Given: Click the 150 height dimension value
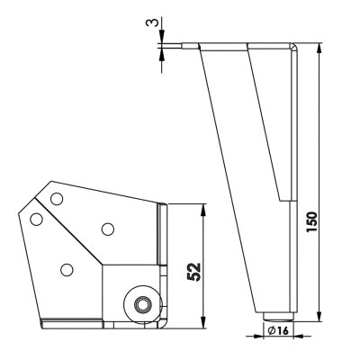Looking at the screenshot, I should pos(312,221).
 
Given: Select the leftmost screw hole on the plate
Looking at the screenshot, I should pos(36,218).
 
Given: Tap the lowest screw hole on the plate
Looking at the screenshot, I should pos(67,267).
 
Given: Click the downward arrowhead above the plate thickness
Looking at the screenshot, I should pos(161,38).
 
